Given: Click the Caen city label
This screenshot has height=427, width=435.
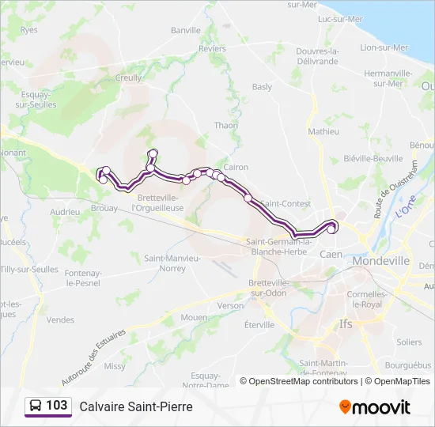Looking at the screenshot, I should click(331, 255).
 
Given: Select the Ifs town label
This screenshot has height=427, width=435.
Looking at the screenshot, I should click(345, 323).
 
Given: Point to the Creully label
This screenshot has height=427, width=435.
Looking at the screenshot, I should click(129, 77).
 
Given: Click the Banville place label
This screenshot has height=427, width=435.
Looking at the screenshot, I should click(186, 30).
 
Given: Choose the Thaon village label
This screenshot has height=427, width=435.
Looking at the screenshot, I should click(225, 125).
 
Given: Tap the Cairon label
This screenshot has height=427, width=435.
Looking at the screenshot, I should click(236, 167).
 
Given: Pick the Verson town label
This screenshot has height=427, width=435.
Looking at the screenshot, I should click(231, 305).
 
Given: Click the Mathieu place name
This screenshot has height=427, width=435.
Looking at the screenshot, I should click(323, 131).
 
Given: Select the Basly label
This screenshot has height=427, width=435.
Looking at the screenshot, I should click(262, 87).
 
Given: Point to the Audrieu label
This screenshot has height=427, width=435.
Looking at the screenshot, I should click(65, 212).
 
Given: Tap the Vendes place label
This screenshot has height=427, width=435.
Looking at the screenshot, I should click(60, 319).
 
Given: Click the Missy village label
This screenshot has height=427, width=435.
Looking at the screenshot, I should click(115, 366).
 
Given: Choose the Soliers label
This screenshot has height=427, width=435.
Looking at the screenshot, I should click(410, 342).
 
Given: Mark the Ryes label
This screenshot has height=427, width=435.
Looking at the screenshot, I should click(29, 30).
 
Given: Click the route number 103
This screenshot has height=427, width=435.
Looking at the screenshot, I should click(56, 406).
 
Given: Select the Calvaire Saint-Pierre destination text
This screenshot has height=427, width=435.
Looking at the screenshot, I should click(135, 406).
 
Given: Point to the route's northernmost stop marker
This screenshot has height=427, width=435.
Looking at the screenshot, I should click(153, 153).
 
